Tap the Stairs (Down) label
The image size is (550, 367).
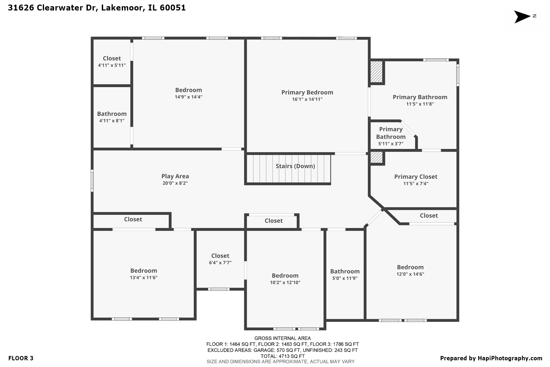point(295,166)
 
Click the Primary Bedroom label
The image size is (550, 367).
point(307,92)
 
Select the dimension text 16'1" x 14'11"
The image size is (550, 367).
point(307,99)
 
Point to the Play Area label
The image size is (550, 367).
point(175,176)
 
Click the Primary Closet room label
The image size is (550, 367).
point(415,177)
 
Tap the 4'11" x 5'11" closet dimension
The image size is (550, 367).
point(112,65)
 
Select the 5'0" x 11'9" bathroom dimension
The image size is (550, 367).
point(345,278)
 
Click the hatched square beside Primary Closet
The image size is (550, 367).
point(376,158)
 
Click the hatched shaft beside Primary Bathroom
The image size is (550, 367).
point(376,72)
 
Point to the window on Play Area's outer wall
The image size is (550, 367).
point(92,180)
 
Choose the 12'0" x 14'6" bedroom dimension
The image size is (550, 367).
point(410,274)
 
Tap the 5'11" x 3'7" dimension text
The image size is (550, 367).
point(390,144)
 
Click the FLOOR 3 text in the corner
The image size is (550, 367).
point(21,358)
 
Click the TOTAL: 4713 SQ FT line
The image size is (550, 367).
point(283,356)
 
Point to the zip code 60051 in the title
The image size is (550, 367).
point(172,8)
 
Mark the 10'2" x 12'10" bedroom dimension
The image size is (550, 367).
point(285,283)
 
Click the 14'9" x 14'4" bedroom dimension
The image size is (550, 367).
point(188,97)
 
